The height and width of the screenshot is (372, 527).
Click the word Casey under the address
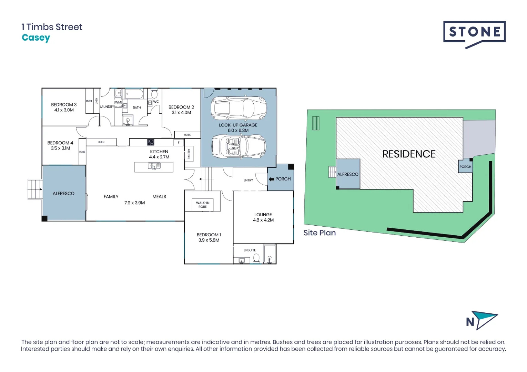coord(36,38)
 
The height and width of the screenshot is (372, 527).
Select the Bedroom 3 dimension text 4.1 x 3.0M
coord(64,110)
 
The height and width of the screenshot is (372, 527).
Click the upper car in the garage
coord(239,107)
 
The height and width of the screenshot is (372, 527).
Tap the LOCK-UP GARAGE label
coord(238,125)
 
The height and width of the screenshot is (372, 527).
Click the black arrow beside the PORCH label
coord(271,179)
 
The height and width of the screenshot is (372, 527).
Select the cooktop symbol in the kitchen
coord(151,142)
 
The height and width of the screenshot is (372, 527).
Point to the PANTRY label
coord(189,154)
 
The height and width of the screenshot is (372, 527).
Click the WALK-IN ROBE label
coord(203,205)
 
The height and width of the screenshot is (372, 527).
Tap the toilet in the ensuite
coord(256,258)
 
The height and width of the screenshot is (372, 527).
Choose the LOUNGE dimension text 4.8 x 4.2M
coord(263,220)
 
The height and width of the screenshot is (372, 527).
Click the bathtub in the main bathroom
coord(134,94)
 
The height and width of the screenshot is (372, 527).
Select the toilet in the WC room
coord(154,94)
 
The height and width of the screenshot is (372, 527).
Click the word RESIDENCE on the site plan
coord(409,154)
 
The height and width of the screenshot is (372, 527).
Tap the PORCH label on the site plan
coord(465,167)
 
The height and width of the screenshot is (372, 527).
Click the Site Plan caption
coord(319,233)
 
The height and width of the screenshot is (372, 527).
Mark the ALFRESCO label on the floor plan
coord(63,194)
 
